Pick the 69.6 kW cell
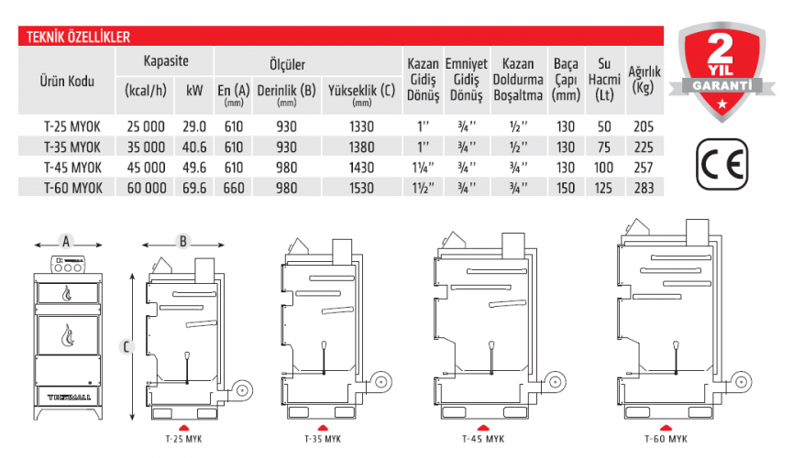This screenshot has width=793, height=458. click(x=194, y=188)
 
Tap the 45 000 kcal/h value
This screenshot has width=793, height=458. click(x=145, y=168)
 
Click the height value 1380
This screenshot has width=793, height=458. click(x=361, y=147)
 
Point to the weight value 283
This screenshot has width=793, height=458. click(x=645, y=188)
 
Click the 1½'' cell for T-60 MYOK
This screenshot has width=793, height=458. click(x=424, y=188)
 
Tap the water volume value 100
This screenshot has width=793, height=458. click(x=604, y=168)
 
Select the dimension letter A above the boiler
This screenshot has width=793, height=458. click(x=65, y=242)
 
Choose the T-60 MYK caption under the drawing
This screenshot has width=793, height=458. click(x=666, y=438)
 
